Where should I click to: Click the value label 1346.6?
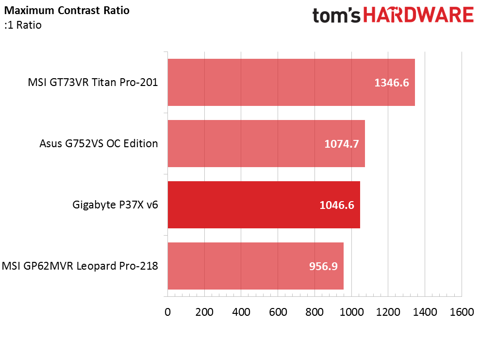coord(392,83)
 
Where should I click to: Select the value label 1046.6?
coord(337,205)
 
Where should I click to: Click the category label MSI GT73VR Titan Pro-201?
coord(93,82)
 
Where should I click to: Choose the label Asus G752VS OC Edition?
coord(99,143)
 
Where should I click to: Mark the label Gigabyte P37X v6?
coord(116,205)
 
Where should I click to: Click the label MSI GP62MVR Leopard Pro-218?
coord(80,266)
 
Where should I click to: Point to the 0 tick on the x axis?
coord(168,312)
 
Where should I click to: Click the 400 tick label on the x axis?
coord(241,312)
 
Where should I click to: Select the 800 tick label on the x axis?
coord(314,312)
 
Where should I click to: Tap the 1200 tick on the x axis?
coord(388,312)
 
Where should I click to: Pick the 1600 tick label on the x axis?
coord(461,312)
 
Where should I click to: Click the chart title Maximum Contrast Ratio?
coord(67,10)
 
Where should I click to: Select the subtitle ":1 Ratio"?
coord(22,25)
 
